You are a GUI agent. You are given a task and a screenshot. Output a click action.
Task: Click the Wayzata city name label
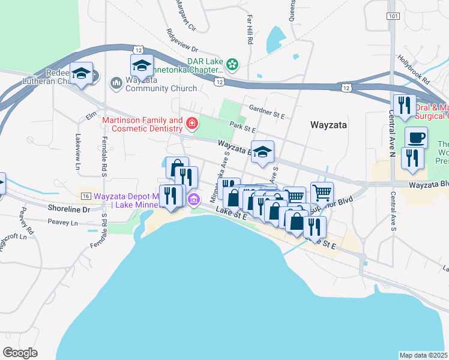[x=330, y=125]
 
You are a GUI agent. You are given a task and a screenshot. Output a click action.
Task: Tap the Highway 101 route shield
[x=393, y=16]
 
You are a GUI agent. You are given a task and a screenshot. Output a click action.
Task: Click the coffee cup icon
[x=416, y=138]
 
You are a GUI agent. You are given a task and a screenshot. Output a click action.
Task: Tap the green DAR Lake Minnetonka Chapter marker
[x=232, y=62]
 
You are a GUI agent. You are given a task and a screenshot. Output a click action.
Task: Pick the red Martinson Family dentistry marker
[x=191, y=124]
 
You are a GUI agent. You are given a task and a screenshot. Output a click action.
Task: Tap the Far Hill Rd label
[x=250, y=29]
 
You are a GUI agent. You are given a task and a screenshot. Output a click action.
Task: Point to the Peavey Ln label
[x=66, y=223]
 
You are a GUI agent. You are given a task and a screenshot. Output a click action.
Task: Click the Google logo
[x=20, y=353]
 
